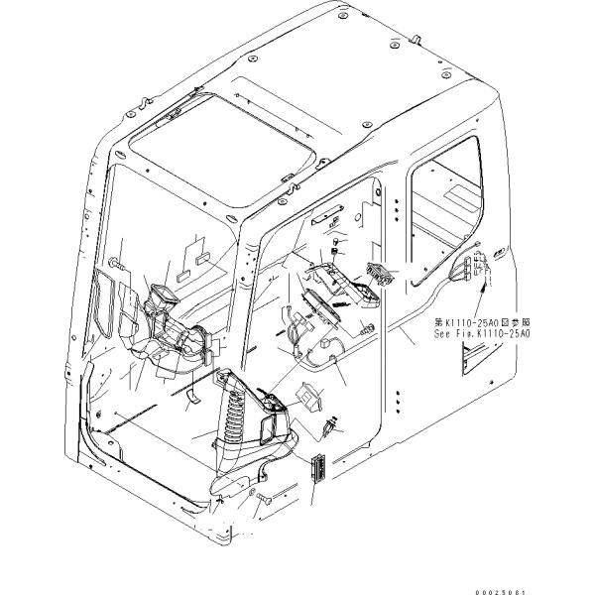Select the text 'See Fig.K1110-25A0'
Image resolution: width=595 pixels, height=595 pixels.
coord(483,335)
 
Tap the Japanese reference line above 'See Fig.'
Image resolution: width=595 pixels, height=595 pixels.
coord(483,323)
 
